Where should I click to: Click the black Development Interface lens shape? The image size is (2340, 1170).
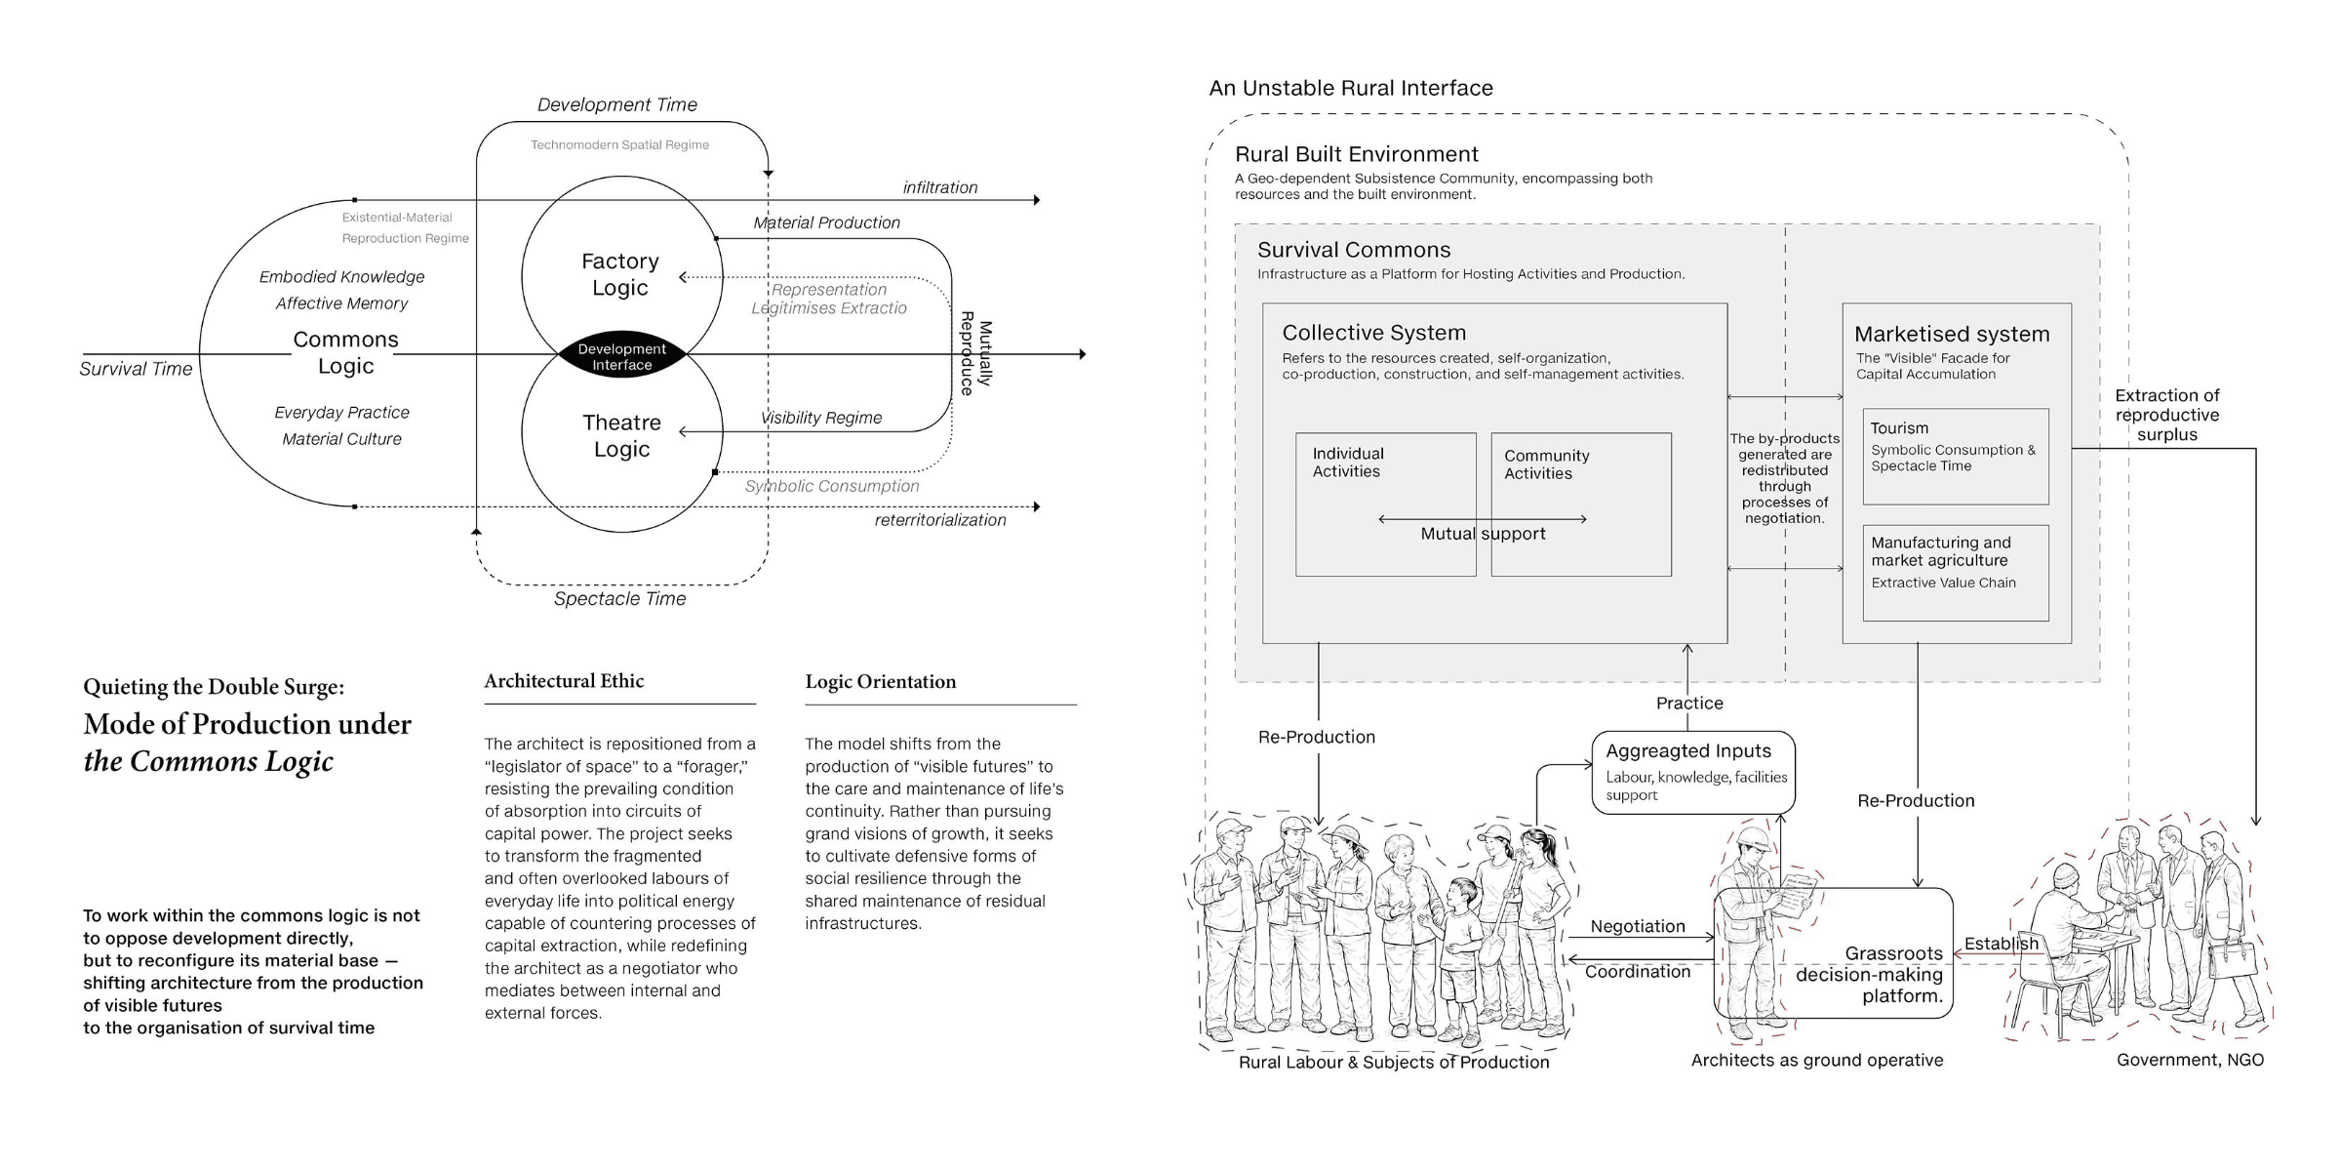point(622,355)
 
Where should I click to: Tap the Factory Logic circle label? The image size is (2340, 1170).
point(620,274)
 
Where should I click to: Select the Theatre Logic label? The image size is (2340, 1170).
point(621,435)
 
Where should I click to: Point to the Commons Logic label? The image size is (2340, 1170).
point(345,352)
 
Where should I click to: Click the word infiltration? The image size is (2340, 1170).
point(939,187)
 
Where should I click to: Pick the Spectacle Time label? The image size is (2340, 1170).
point(619,598)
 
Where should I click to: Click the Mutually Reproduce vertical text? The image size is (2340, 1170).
point(975,353)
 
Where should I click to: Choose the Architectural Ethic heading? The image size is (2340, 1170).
point(564,681)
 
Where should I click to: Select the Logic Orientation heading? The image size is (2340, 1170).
point(880,682)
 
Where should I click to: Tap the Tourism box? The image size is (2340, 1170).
point(1955,457)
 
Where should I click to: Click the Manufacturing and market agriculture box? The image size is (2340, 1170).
point(1955,573)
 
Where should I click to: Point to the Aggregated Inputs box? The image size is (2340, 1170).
point(1693,773)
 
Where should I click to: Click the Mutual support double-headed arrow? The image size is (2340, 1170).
point(1483,519)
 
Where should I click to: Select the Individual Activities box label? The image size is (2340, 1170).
point(1347,463)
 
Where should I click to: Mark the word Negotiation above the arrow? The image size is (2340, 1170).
point(1638,926)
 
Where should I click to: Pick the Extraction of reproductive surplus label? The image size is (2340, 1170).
point(2166,415)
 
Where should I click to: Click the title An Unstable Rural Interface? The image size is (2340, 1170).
point(1351,88)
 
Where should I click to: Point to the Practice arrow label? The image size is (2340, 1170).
point(1689,703)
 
